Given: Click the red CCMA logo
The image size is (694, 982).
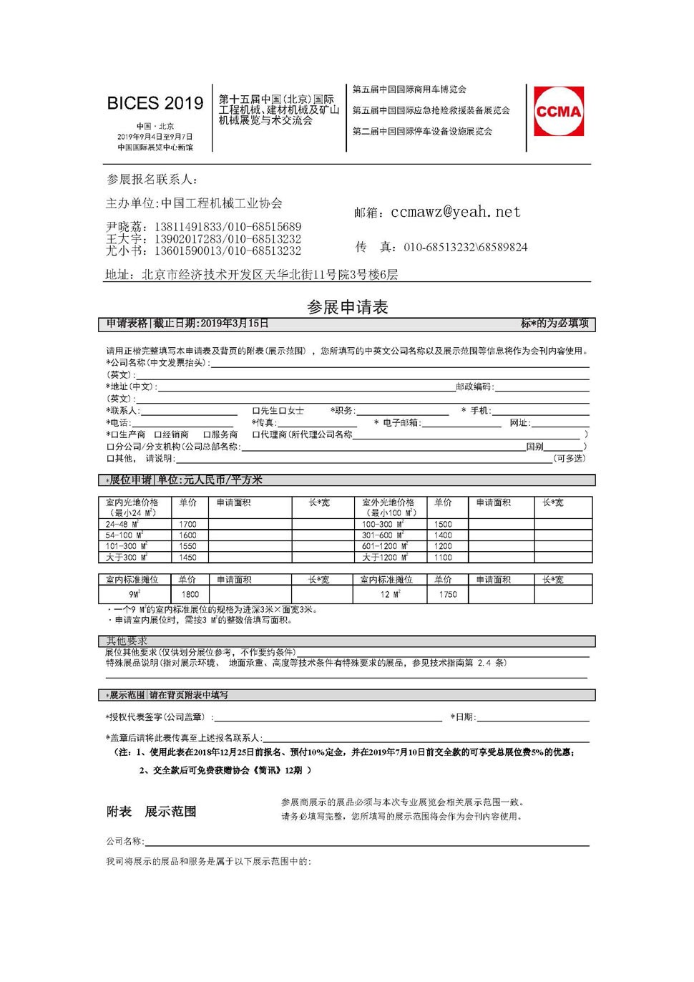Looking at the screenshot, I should point(559,111).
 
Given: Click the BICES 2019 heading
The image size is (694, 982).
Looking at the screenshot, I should point(155,103).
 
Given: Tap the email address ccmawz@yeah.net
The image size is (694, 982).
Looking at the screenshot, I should point(456,212).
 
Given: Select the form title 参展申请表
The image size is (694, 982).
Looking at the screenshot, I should point(347,307).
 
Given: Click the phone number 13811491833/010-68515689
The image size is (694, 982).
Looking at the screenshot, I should point(228,227).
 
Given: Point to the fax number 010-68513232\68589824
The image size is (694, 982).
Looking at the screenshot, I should point(465,247).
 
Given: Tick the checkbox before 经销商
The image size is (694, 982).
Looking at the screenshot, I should point(158,434).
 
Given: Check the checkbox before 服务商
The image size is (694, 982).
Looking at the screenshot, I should point(207,434).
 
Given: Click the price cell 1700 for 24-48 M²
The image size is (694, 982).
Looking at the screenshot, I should point(188,524).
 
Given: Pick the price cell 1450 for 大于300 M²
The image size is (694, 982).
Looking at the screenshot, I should point(188,557).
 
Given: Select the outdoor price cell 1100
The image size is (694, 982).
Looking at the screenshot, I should point(443,557).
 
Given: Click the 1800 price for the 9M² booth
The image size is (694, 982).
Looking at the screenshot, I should point(190,594).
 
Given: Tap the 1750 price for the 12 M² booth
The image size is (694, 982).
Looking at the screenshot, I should point(448,594).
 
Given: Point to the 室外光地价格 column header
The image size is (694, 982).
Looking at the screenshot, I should point(388,502).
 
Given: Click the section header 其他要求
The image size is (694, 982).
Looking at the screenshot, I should point(127,641).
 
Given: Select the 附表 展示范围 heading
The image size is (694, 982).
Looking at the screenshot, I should point(151,812).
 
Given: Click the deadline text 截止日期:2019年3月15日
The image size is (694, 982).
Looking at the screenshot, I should point(212,324).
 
